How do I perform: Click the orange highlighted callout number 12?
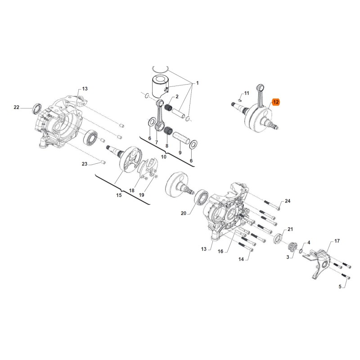(276, 102)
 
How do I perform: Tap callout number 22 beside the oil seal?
(17, 107)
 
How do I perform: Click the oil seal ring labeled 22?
(36, 108)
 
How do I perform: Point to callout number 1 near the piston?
(197, 84)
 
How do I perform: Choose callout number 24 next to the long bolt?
(288, 201)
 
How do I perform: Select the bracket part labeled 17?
(322, 265)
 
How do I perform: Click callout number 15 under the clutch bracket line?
(119, 195)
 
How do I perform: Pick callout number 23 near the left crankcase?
(84, 164)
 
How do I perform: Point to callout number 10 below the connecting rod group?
(164, 157)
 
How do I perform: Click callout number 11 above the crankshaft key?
(246, 93)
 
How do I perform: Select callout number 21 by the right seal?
(290, 229)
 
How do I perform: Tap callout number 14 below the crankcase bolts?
(241, 260)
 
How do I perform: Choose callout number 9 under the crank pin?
(180, 153)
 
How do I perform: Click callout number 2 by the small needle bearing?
(177, 97)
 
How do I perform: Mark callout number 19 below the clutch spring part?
(141, 195)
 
